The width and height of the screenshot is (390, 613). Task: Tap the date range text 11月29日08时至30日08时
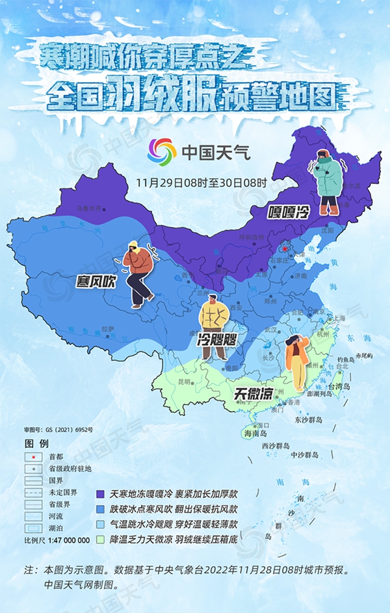pyautogui.click(x=201, y=182)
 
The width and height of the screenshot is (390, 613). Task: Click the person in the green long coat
pyautogui.click(x=328, y=182)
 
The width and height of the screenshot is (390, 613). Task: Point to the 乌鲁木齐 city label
pyautogui.click(x=90, y=209)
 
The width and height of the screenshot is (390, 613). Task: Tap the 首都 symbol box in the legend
pyautogui.click(x=33, y=457)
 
